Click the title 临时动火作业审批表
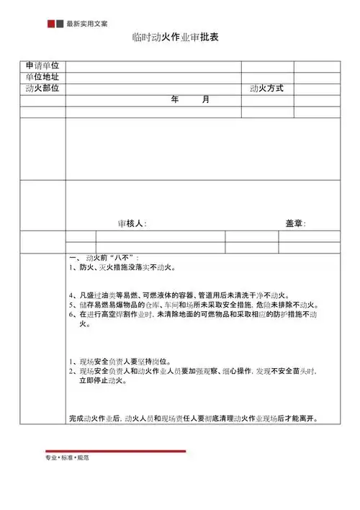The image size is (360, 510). click(180, 37)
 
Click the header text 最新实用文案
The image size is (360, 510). click(87, 24)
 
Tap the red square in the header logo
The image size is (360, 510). click(50, 24)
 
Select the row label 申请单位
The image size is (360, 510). click(42, 66)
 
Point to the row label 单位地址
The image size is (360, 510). click(42, 77)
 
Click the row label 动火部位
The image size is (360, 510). click(42, 88)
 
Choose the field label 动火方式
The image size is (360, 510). click(266, 89)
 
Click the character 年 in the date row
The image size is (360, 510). click(175, 99)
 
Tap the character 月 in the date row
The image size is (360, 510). click(206, 99)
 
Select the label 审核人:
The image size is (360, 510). click(132, 223)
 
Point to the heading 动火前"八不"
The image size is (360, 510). click(104, 257)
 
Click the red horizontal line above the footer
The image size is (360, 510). click(115, 451)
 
